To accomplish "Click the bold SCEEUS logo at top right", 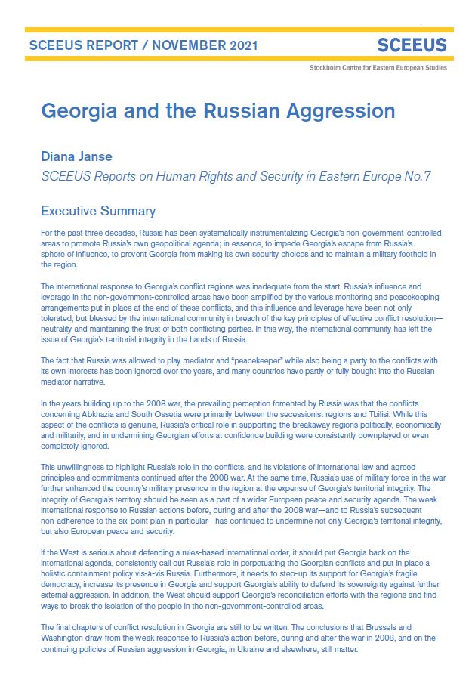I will coord(412,45).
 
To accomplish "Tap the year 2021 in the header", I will coord(241,46).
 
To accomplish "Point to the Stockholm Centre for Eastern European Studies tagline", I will coord(378,68).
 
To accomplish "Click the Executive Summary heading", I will coord(98,211).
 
